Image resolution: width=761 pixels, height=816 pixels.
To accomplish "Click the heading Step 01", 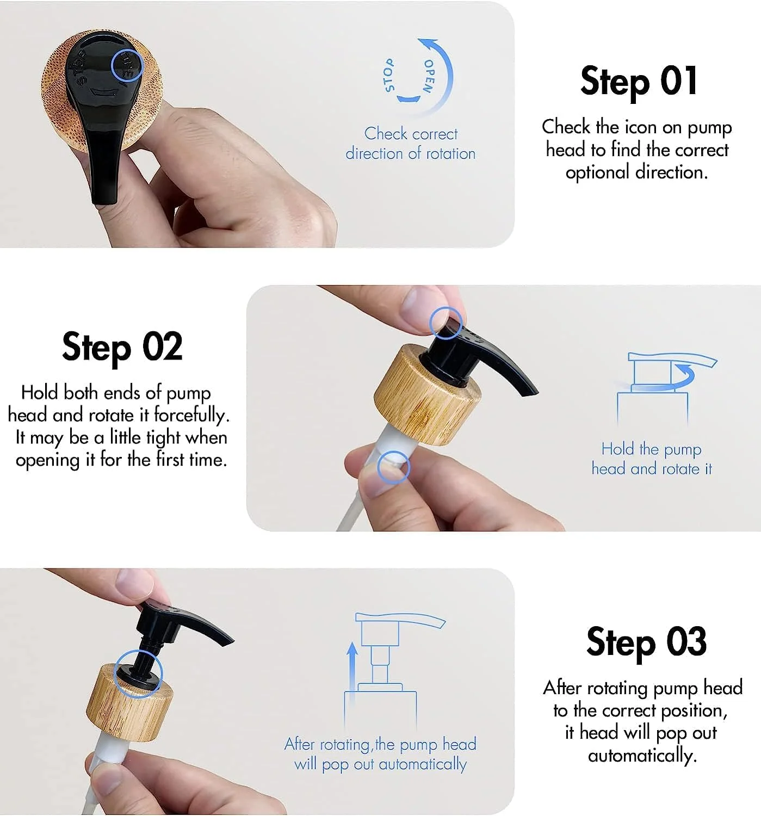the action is point(639,81).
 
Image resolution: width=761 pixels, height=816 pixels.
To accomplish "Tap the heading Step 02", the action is point(122,347).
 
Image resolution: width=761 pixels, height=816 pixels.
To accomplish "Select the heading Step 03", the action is point(646,642).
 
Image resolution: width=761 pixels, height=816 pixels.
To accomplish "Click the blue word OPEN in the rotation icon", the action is point(429,76).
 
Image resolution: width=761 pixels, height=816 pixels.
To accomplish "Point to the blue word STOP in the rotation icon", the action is point(388,75).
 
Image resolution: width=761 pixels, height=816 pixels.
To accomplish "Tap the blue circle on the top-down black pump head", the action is point(127,65).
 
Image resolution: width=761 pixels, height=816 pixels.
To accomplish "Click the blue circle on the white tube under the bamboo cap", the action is point(393,467).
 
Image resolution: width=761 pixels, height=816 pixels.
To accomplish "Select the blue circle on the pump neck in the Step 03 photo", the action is point(138,673).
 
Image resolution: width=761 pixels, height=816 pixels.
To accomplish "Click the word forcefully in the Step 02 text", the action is point(191,416).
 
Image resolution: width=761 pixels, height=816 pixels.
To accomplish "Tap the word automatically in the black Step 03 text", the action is point(642,755).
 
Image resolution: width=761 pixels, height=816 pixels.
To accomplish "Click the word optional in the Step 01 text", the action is point(597,172).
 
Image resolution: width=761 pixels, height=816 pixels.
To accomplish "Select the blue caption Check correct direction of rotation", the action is point(411,144).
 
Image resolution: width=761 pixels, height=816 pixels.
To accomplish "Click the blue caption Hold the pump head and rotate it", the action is point(652,459).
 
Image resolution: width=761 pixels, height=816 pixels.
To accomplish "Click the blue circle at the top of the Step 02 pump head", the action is point(446,323).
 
